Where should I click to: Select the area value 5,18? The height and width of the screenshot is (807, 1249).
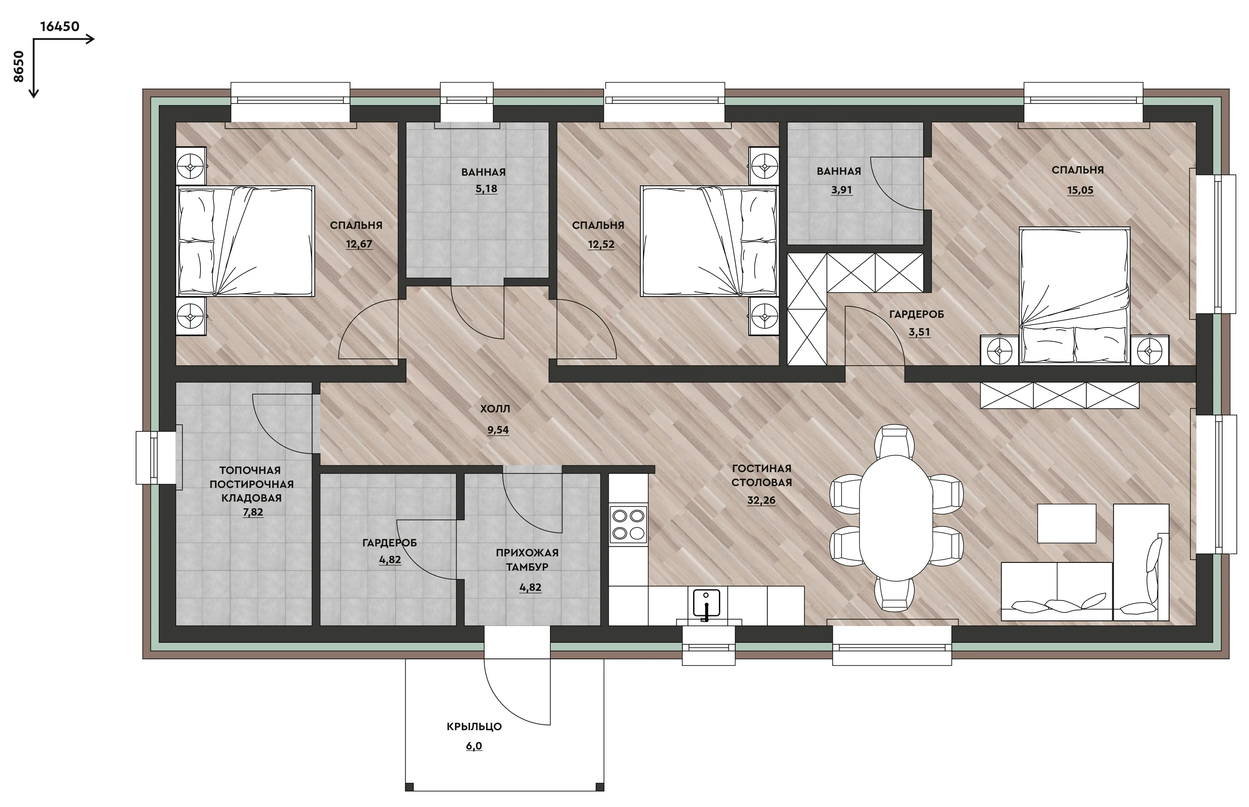point(486,189)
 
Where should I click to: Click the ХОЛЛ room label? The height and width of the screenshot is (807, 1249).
point(495,409)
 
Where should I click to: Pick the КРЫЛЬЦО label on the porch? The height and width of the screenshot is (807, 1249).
point(474,727)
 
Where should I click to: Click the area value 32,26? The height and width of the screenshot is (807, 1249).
point(761,500)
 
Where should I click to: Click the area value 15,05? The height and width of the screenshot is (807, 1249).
point(1080,190)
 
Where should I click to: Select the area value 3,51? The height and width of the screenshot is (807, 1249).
point(919,332)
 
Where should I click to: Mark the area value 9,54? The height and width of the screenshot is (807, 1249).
point(498,430)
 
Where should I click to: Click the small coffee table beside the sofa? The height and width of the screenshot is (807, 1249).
point(1067,523)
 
